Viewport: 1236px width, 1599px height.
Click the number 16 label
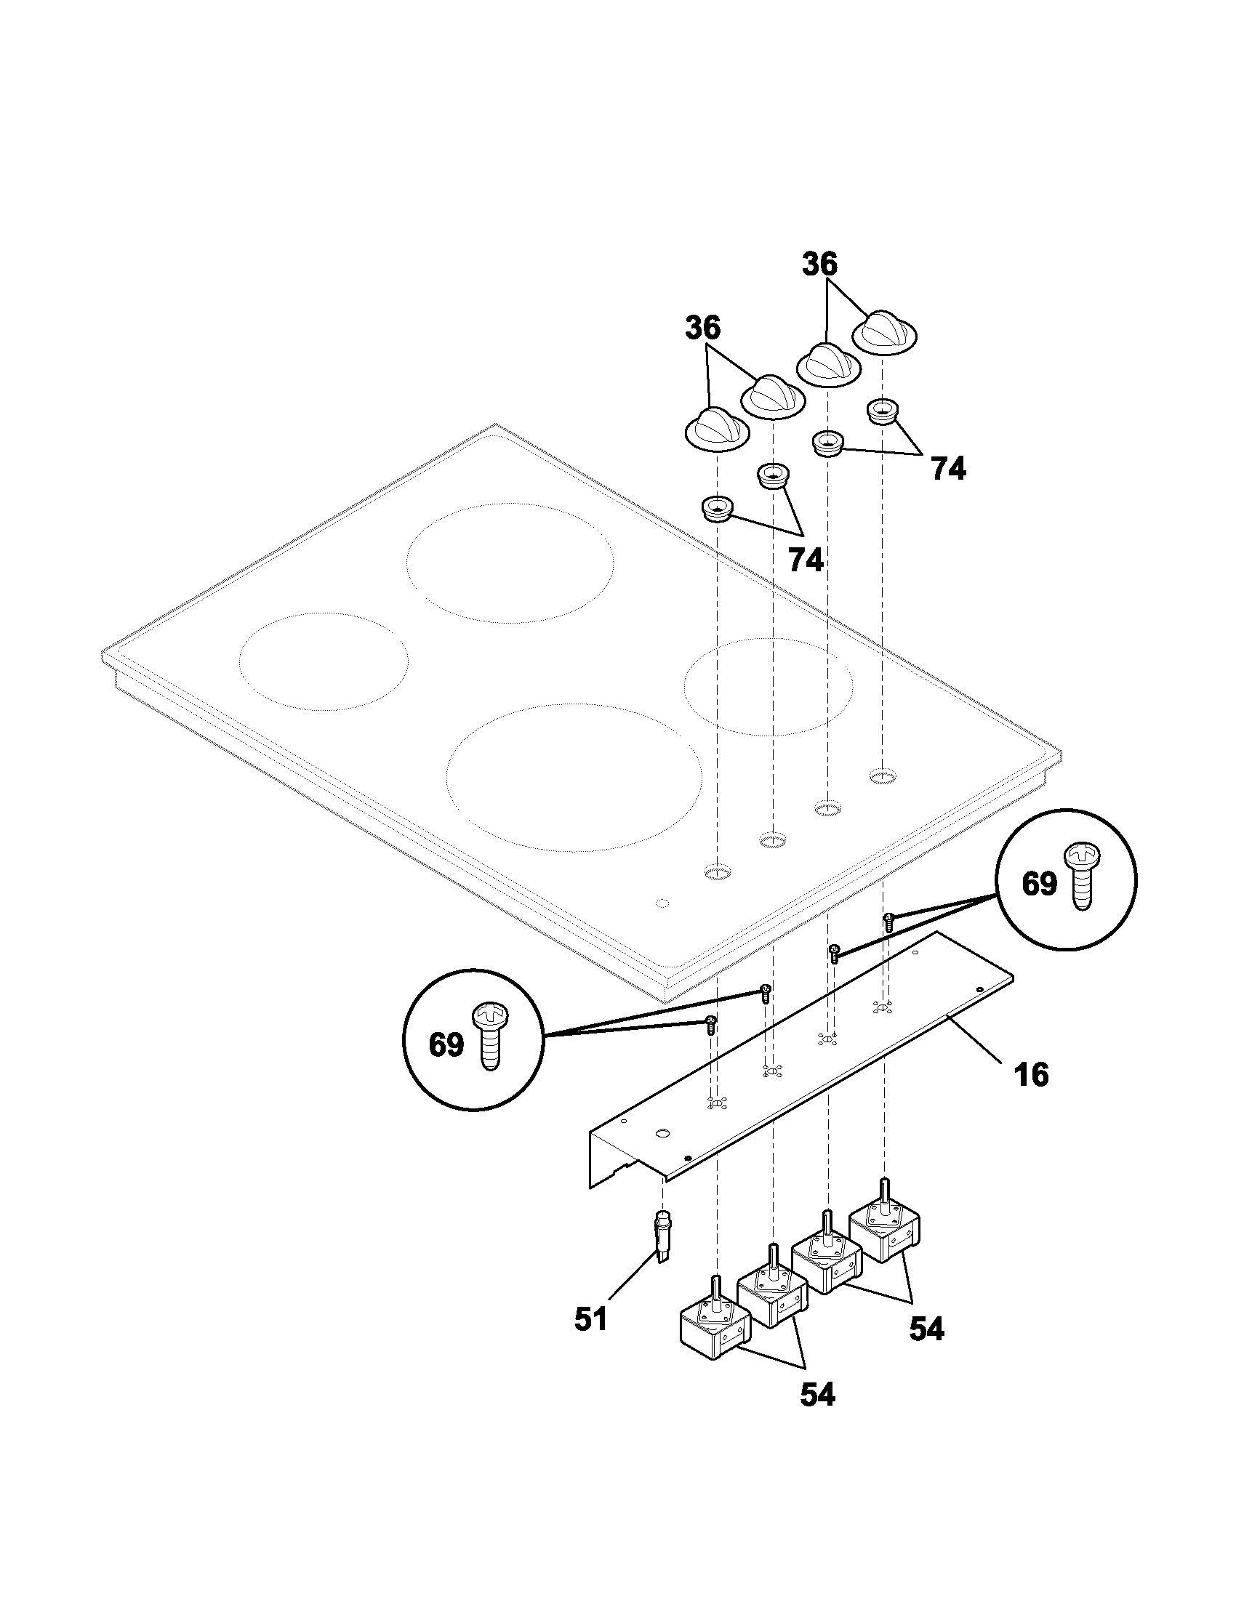(1032, 1075)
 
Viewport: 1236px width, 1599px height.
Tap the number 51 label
(591, 1319)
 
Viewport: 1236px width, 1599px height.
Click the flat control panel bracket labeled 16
(800, 1068)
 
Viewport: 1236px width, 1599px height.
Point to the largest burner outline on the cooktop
(574, 778)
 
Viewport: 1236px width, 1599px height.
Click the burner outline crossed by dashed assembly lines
(768, 686)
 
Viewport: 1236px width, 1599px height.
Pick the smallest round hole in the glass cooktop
(662, 903)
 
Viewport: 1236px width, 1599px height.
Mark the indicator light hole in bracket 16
(663, 1133)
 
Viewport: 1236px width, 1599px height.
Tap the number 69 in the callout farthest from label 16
(446, 1044)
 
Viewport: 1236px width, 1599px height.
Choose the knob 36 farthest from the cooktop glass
(885, 333)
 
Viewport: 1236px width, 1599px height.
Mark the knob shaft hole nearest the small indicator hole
(718, 871)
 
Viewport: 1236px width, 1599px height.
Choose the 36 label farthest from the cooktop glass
(819, 265)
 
